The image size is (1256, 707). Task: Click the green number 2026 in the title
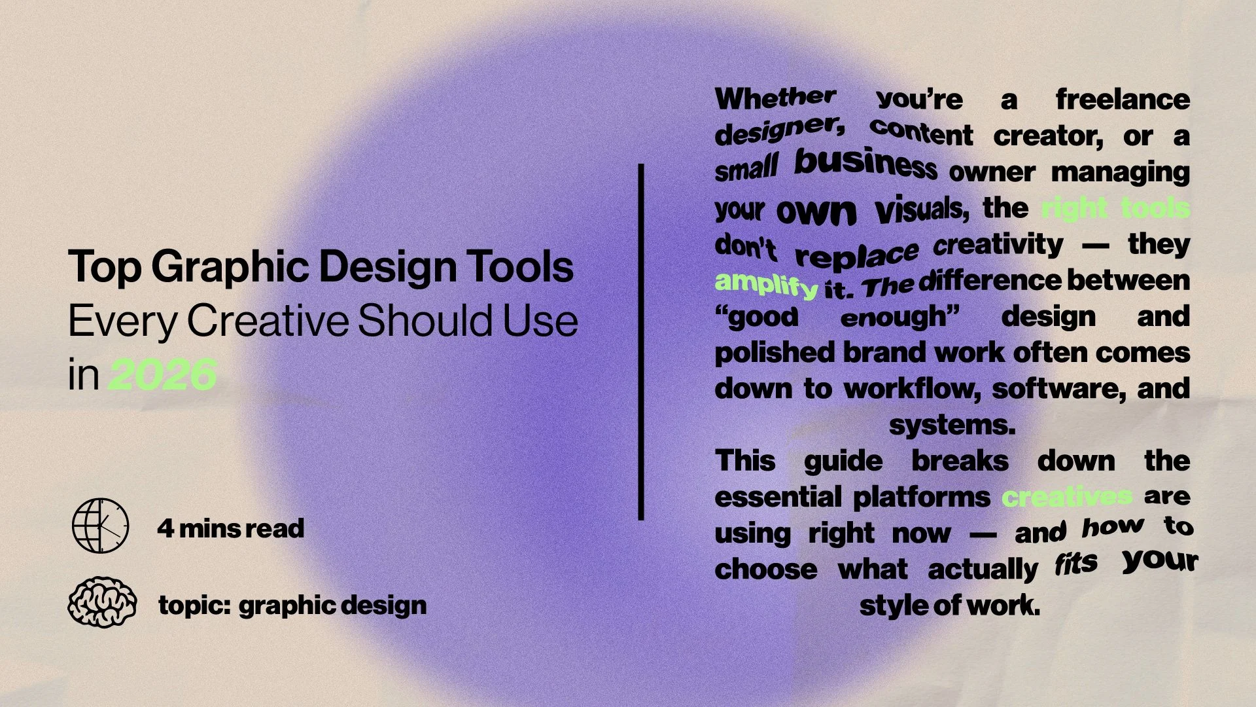point(162,375)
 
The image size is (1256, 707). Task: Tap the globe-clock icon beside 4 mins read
point(100,526)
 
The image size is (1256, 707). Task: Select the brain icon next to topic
point(102,602)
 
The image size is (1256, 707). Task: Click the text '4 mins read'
point(230,528)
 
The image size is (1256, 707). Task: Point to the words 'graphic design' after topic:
point(332,606)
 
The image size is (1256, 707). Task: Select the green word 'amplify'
point(766,283)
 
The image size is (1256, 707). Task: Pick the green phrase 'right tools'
point(1115,208)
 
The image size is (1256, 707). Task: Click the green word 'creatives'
point(1066,497)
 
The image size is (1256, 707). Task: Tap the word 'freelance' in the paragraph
point(1123,100)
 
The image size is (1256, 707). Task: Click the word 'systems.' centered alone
point(952,426)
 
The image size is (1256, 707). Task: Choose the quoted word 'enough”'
point(899,317)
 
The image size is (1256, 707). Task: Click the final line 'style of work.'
point(949,606)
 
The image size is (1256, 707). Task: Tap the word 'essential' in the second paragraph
point(776,498)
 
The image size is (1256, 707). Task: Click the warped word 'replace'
point(856,254)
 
